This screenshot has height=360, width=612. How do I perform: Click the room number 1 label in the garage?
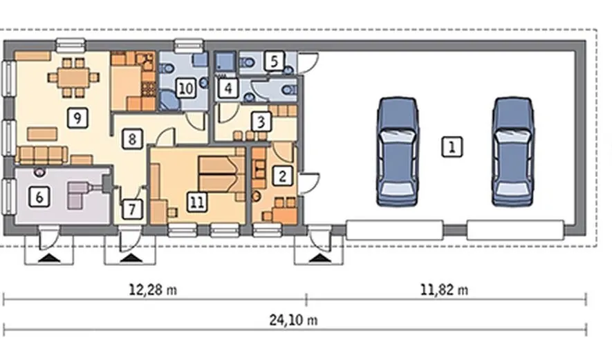pyautogui.click(x=452, y=147)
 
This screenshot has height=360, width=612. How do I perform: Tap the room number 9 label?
pyautogui.click(x=77, y=117)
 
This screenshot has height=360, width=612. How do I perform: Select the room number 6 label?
pyautogui.click(x=39, y=197)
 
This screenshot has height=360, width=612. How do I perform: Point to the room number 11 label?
pyautogui.click(x=196, y=202)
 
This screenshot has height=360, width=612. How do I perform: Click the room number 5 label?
pyautogui.click(x=274, y=61)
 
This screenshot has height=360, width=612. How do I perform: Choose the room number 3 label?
pyautogui.click(x=261, y=122)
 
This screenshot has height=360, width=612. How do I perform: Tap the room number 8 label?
pyautogui.click(x=132, y=139)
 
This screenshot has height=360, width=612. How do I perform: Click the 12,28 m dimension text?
pyautogui.click(x=153, y=290)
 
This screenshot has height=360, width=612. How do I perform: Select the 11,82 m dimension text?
pyautogui.click(x=444, y=290)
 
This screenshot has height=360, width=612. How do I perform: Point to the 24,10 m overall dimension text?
pyautogui.click(x=293, y=320)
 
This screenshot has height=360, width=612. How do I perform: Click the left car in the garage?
pyautogui.click(x=397, y=151)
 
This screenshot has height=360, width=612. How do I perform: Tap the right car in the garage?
pyautogui.click(x=512, y=151)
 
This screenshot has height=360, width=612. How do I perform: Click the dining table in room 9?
pyautogui.click(x=73, y=77)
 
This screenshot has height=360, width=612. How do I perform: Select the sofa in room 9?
pyautogui.click(x=41, y=155)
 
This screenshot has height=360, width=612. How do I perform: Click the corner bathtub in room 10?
pyautogui.click(x=168, y=100)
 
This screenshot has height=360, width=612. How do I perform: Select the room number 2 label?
pyautogui.click(x=282, y=176)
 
